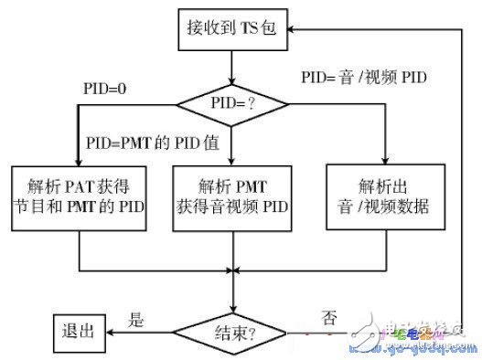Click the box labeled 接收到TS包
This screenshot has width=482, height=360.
point(234,30)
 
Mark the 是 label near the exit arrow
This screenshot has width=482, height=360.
point(135,319)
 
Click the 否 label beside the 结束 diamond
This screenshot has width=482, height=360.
point(328,319)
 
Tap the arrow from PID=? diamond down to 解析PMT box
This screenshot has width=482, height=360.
point(234,146)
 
